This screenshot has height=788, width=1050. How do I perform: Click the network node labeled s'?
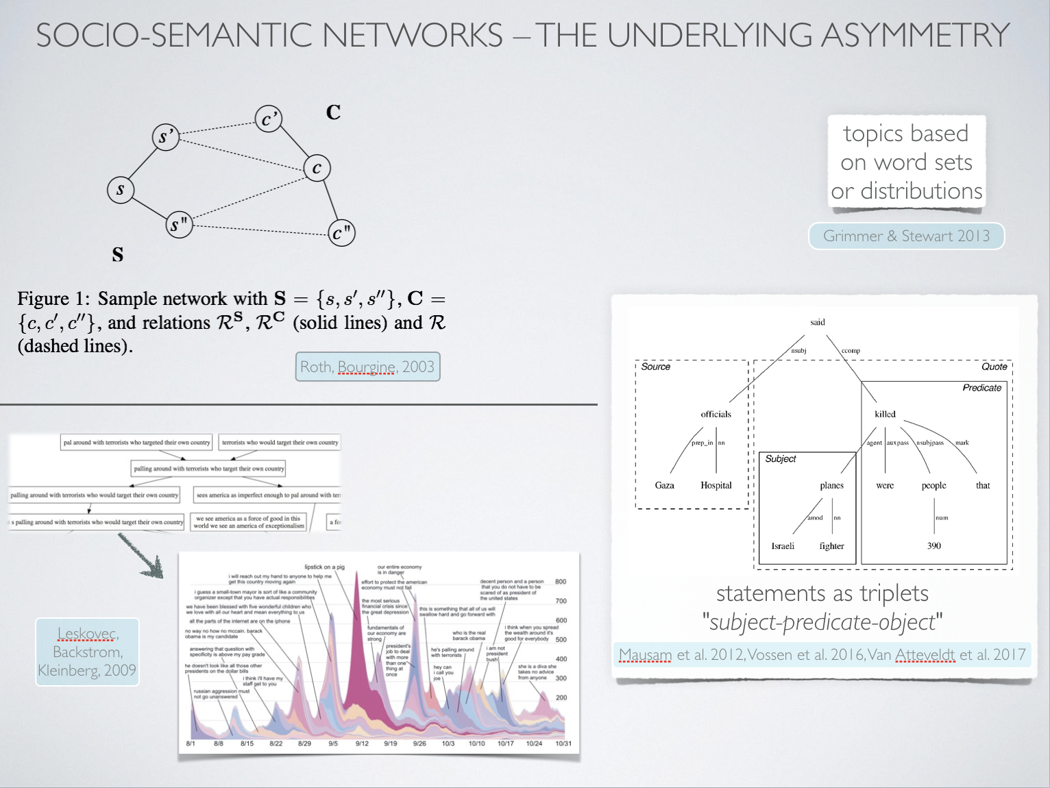pos(165,137)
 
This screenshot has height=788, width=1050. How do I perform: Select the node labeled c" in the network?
pos(341,233)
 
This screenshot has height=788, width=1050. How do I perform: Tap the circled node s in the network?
pos(121,190)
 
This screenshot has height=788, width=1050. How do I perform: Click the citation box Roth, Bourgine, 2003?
pos(367,367)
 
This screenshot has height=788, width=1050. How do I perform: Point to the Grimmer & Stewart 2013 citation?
pos(906,236)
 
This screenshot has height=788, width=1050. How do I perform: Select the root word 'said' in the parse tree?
pos(818,322)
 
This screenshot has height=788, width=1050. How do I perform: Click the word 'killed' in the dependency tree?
pos(885,414)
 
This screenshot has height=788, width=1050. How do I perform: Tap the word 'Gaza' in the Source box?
pos(664,485)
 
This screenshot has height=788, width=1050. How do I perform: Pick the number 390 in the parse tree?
pos(934,546)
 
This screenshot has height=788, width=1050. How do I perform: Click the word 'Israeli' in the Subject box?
pos(783,546)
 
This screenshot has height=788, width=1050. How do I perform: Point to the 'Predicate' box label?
pos(981,388)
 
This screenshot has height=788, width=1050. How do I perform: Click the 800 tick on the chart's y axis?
pos(561,582)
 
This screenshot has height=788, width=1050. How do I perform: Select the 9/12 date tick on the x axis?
pos(362,743)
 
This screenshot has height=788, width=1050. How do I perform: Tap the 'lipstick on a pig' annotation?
pos(325,567)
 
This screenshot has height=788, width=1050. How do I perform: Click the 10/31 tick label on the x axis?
pos(563,743)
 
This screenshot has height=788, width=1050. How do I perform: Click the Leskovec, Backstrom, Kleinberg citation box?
pos(87,652)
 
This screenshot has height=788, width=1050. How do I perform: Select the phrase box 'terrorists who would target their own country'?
pos(280,443)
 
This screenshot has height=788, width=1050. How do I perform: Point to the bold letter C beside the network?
pos(334,112)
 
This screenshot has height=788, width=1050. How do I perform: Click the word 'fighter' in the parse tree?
pos(831,546)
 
